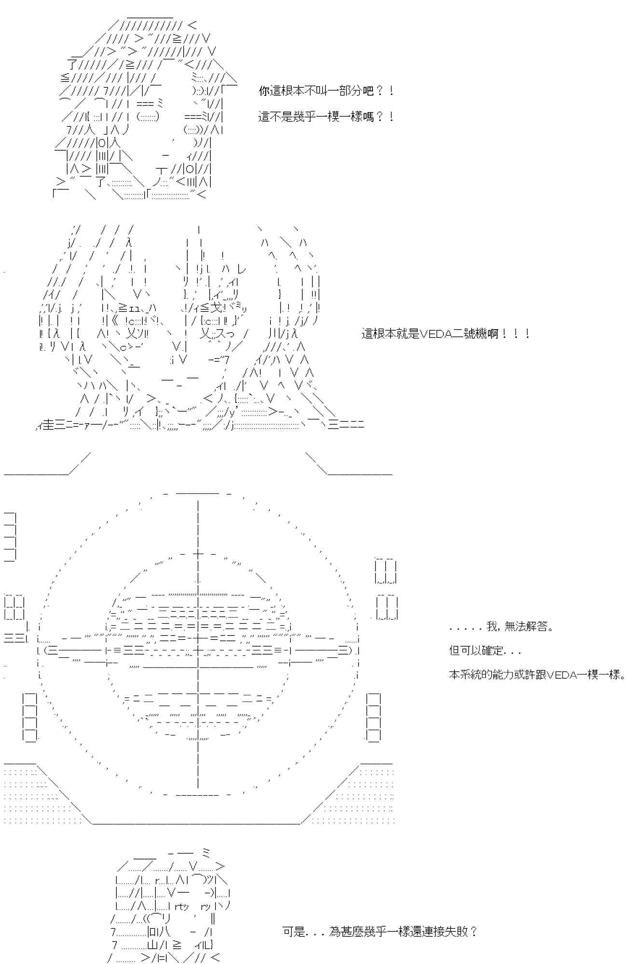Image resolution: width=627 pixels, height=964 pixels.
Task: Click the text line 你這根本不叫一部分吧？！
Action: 326,91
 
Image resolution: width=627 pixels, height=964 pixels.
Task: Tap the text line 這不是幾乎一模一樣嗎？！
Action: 326,117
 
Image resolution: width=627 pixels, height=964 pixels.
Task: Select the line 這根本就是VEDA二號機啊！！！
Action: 446,334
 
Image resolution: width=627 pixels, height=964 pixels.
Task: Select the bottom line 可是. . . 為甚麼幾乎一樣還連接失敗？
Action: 380,932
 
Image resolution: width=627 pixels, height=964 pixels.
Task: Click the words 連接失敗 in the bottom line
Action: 446,932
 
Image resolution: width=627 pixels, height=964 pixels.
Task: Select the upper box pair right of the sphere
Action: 386,571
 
